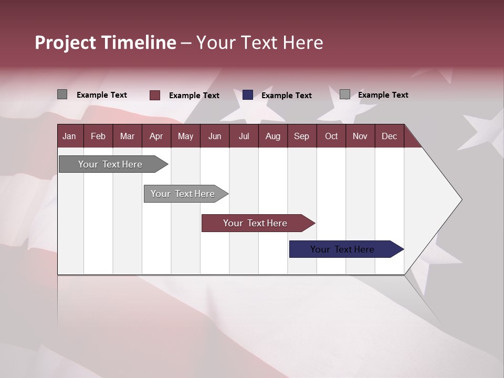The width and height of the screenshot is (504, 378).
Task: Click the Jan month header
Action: pos(70,136)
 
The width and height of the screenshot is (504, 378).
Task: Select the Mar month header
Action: pos(127,136)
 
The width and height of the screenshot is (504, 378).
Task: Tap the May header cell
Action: pos(185,136)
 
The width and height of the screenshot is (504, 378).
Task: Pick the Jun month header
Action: pos(215,136)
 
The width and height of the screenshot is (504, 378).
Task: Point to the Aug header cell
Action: pos(272,136)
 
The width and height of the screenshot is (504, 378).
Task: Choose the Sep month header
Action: pos(301,136)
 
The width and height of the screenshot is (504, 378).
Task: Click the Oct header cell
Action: pos(331,136)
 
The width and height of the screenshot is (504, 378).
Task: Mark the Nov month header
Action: pos(360,136)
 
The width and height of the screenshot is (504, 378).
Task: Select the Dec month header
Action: pos(389,136)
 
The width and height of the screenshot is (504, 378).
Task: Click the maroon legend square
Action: pos(155,95)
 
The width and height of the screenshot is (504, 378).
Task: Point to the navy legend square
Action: pos(248,95)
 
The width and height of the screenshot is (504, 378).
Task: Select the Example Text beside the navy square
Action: pos(286,96)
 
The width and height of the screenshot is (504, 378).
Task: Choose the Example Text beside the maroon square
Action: pos(194,96)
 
